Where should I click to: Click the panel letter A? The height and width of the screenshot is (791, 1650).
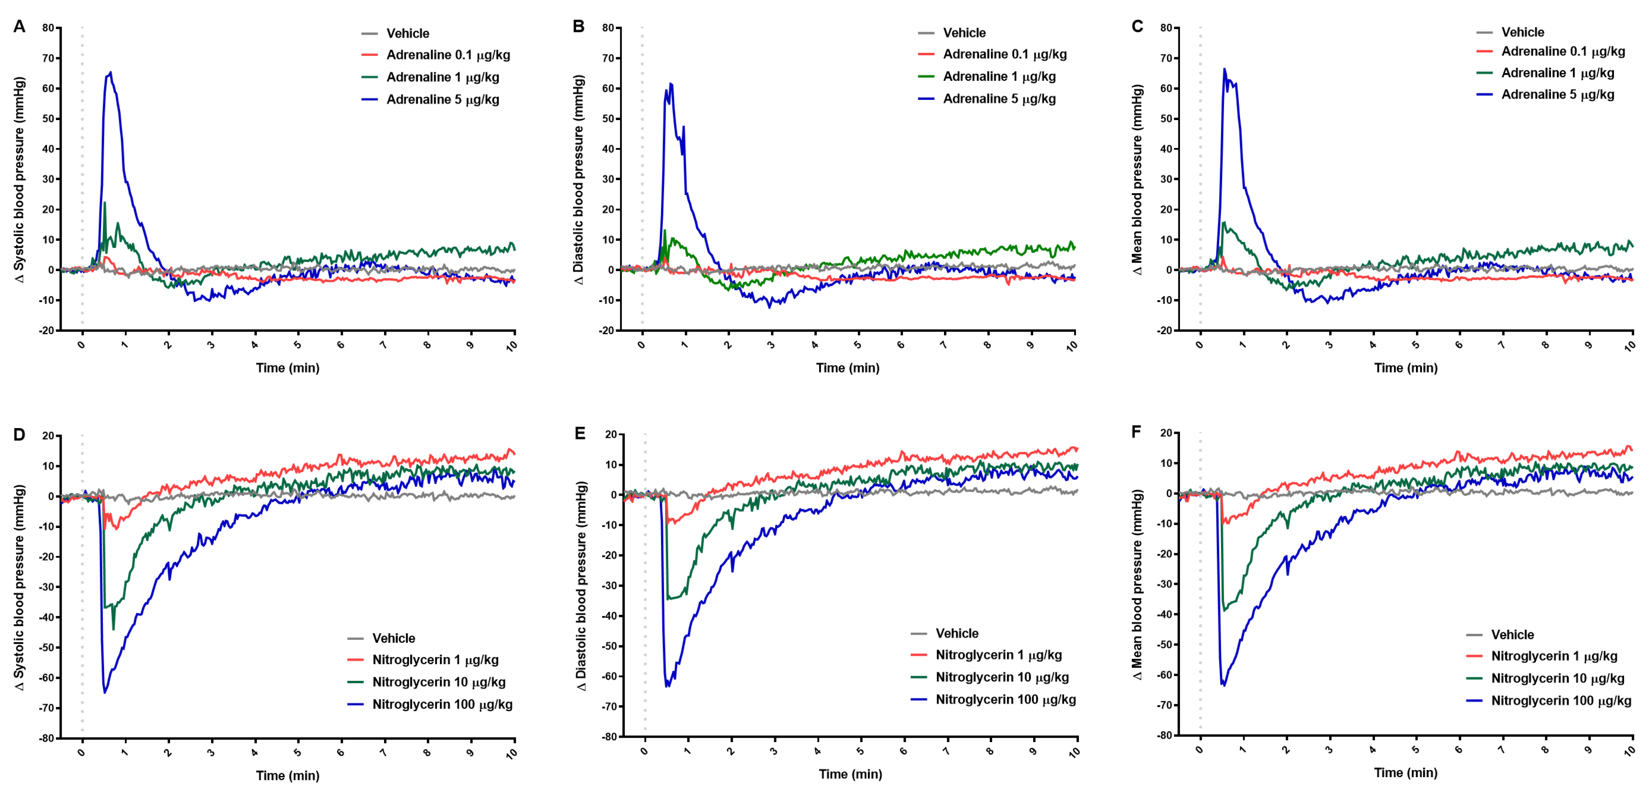(19, 27)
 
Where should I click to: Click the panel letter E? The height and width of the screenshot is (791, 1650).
(580, 434)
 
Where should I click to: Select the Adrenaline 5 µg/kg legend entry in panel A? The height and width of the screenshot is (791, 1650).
(442, 100)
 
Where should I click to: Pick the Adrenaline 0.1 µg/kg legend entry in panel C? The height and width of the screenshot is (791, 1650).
(1562, 51)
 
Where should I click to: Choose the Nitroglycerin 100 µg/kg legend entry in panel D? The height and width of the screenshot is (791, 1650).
(442, 705)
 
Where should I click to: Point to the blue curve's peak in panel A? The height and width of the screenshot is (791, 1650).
(110, 72)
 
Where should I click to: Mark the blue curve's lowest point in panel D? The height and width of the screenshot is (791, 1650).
(105, 692)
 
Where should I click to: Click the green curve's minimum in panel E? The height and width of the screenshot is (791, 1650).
(669, 599)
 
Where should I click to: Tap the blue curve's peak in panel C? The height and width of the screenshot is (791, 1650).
(1224, 69)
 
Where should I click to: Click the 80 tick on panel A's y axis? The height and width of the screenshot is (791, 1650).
(49, 28)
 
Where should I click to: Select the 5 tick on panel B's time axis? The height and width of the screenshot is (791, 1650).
(857, 345)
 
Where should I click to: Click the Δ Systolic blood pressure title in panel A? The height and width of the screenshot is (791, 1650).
(20, 179)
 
